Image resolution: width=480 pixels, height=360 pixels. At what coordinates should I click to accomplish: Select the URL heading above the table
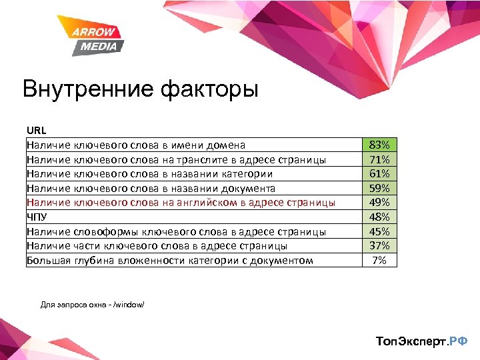[x=37, y=130]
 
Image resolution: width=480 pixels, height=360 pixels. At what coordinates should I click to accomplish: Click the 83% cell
[x=379, y=145]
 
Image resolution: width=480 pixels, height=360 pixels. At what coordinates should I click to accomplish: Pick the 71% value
[x=379, y=159]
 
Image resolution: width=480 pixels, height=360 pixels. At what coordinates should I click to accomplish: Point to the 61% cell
[x=379, y=174]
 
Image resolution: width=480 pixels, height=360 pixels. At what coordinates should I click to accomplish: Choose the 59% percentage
[x=379, y=188]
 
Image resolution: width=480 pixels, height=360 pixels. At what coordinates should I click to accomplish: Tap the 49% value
[x=379, y=203]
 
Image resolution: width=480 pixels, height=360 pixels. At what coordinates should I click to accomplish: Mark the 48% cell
[x=379, y=217]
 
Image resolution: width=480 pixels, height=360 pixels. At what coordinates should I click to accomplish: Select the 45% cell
[x=379, y=231]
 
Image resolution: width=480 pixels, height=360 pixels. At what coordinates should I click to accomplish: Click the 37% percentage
[x=379, y=245]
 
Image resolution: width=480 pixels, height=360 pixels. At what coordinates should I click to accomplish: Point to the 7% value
[x=379, y=260]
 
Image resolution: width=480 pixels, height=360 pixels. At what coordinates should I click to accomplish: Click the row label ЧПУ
[x=37, y=217]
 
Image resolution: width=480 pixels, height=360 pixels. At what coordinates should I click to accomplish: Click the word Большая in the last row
[x=48, y=260]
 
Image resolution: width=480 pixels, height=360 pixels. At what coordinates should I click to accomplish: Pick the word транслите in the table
[x=201, y=159]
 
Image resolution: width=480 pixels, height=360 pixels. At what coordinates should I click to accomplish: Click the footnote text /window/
[x=129, y=305]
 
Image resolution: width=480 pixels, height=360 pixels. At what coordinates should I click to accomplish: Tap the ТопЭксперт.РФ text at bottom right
[x=422, y=341]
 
